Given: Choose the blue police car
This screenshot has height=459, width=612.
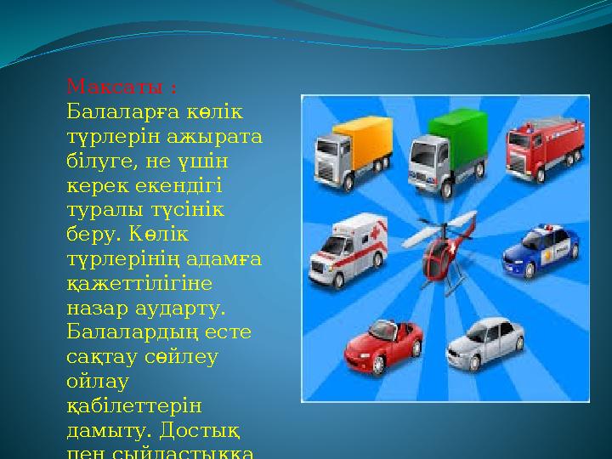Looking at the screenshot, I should [x=541, y=250].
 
